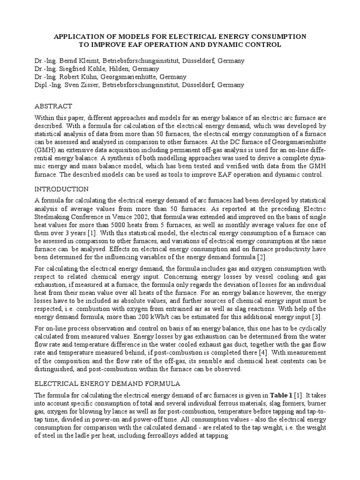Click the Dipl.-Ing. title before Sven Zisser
pyautogui.click(x=49, y=85)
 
